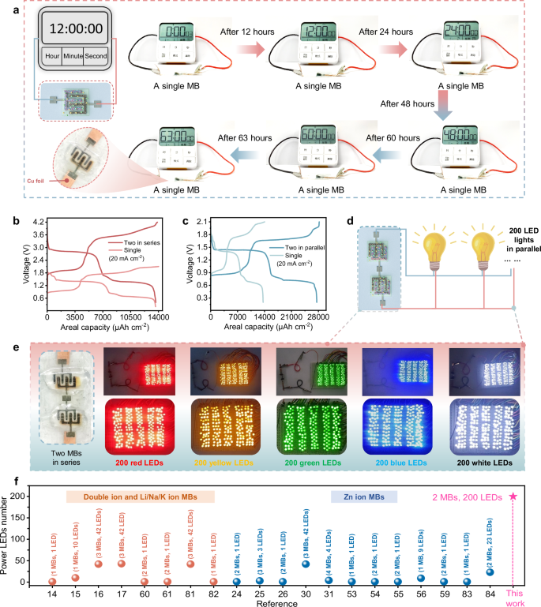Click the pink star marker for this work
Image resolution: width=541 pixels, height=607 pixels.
(x=513, y=496)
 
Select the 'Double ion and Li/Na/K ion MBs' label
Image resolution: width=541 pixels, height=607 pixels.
(x=140, y=496)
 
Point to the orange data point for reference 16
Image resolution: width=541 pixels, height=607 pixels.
(x=99, y=564)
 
